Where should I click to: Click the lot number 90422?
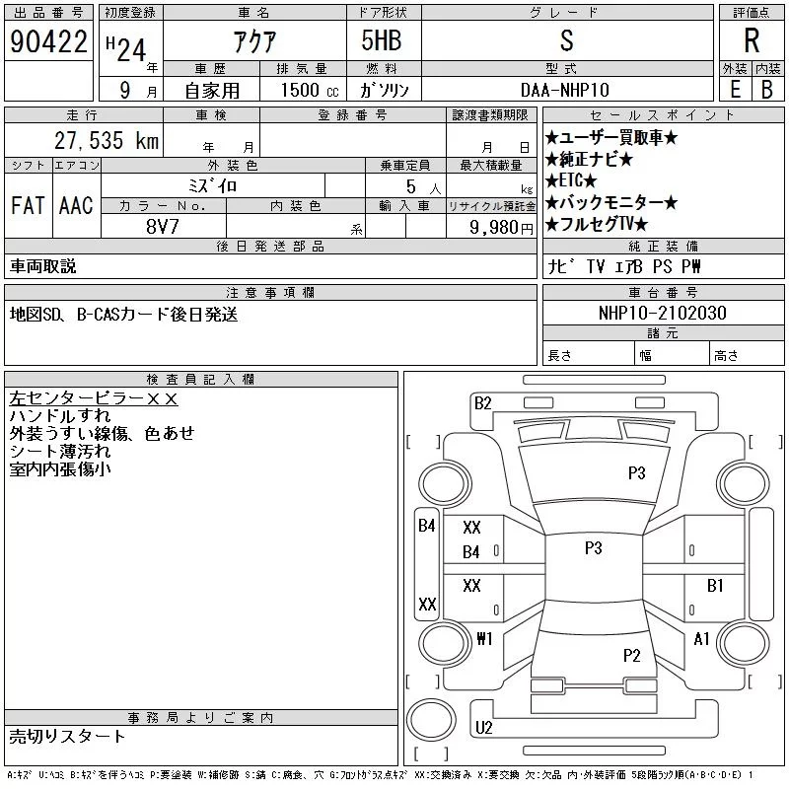48,41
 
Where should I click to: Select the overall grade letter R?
752,40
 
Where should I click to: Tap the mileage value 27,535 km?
107,140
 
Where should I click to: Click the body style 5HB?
382,40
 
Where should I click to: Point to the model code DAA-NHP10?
564,90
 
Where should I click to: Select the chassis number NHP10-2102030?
662,313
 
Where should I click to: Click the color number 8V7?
162,227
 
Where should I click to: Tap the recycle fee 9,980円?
501,228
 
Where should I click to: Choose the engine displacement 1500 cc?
310,90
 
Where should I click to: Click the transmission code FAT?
28,205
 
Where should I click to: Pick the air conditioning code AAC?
76,205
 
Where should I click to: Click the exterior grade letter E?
735,90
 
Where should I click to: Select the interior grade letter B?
767,90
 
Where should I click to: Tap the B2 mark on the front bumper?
482,403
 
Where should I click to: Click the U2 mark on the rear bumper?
483,728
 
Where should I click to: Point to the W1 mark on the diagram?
484,639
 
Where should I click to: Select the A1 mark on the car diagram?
701,639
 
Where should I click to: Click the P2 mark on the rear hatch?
631,655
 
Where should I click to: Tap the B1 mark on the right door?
715,585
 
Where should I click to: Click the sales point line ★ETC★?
571,180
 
